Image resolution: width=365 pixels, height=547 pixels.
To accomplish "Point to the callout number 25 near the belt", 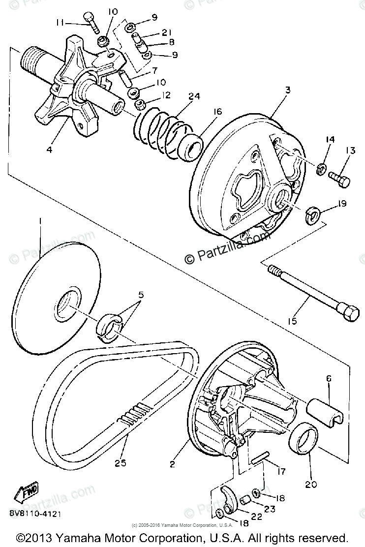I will [x=121, y=462].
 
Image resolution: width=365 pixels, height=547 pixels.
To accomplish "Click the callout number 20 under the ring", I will [x=310, y=484].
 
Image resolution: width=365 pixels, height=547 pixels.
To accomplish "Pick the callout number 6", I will [x=329, y=378].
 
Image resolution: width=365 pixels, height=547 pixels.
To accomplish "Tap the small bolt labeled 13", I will [x=338, y=179].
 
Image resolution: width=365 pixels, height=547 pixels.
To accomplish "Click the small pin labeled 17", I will [x=261, y=460].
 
